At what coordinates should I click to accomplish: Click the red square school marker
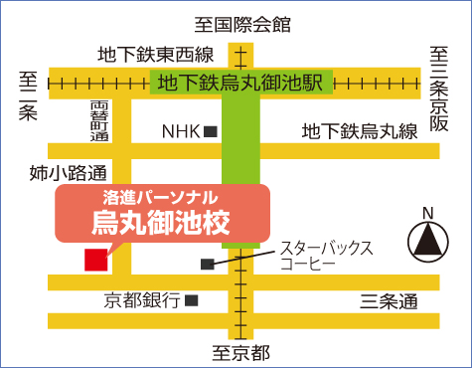pyautogui.click(x=95, y=260)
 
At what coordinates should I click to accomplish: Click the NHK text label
pyautogui.click(x=181, y=130)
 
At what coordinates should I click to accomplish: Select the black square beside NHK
pyautogui.click(x=211, y=130)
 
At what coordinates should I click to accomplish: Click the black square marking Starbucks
pyautogui.click(x=207, y=264)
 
